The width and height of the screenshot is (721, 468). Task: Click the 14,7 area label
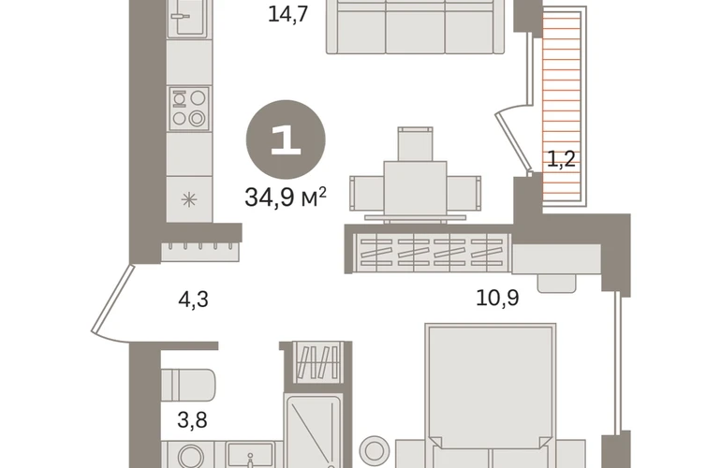tap(287, 14)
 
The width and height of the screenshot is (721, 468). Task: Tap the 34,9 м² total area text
tap(286, 197)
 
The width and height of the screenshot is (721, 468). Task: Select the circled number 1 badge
tap(286, 139)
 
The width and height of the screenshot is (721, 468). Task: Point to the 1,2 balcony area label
tap(562, 159)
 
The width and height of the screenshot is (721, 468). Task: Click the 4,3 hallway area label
tap(194, 300)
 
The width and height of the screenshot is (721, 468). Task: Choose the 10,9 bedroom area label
tap(497, 298)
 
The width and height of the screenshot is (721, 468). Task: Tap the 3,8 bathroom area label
tap(192, 419)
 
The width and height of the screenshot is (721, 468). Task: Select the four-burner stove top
tap(189, 109)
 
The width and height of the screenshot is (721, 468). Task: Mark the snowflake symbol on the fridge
tap(189, 199)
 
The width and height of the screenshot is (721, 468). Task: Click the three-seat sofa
tap(415, 26)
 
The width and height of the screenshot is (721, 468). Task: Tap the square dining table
tap(415, 188)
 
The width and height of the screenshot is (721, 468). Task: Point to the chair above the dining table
tap(415, 144)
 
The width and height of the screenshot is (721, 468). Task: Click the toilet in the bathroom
tap(188, 386)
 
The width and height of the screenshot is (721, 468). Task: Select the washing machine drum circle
tap(191, 458)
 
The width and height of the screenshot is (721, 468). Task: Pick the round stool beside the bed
tap(375, 448)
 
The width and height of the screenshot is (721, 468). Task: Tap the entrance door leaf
tap(112, 300)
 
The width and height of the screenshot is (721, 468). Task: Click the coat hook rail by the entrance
tap(200, 252)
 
